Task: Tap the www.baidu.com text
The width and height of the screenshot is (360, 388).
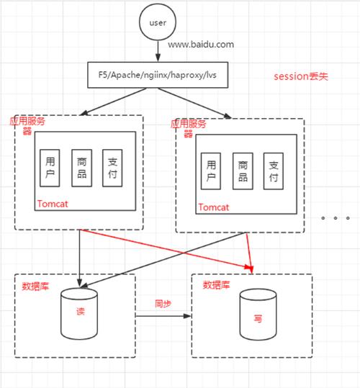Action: [x=201, y=45]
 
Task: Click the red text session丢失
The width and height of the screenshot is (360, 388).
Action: [x=300, y=76]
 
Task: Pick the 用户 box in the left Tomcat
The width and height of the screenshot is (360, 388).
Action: [x=50, y=170]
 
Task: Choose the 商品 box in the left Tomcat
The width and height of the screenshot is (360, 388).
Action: [x=80, y=170]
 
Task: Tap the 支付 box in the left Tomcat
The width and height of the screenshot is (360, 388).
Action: [x=112, y=170]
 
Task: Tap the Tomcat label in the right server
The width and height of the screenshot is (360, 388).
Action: [x=213, y=207]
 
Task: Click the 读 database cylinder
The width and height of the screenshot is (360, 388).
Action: [x=80, y=315]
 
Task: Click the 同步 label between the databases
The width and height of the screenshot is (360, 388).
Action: [x=163, y=304]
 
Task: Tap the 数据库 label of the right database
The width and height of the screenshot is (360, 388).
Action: [x=216, y=284]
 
